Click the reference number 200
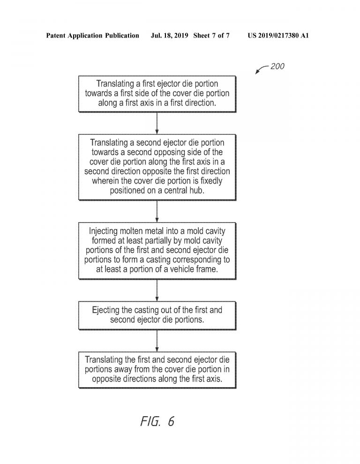277,66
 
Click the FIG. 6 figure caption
157,421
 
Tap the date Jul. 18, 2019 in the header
169,36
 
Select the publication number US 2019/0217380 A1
278,36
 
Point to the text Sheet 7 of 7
211,36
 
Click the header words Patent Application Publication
92,36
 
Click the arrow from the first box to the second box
157,123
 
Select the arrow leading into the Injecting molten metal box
157,211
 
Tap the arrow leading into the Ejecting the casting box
157,290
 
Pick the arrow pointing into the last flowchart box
157,341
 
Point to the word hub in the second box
197,190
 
